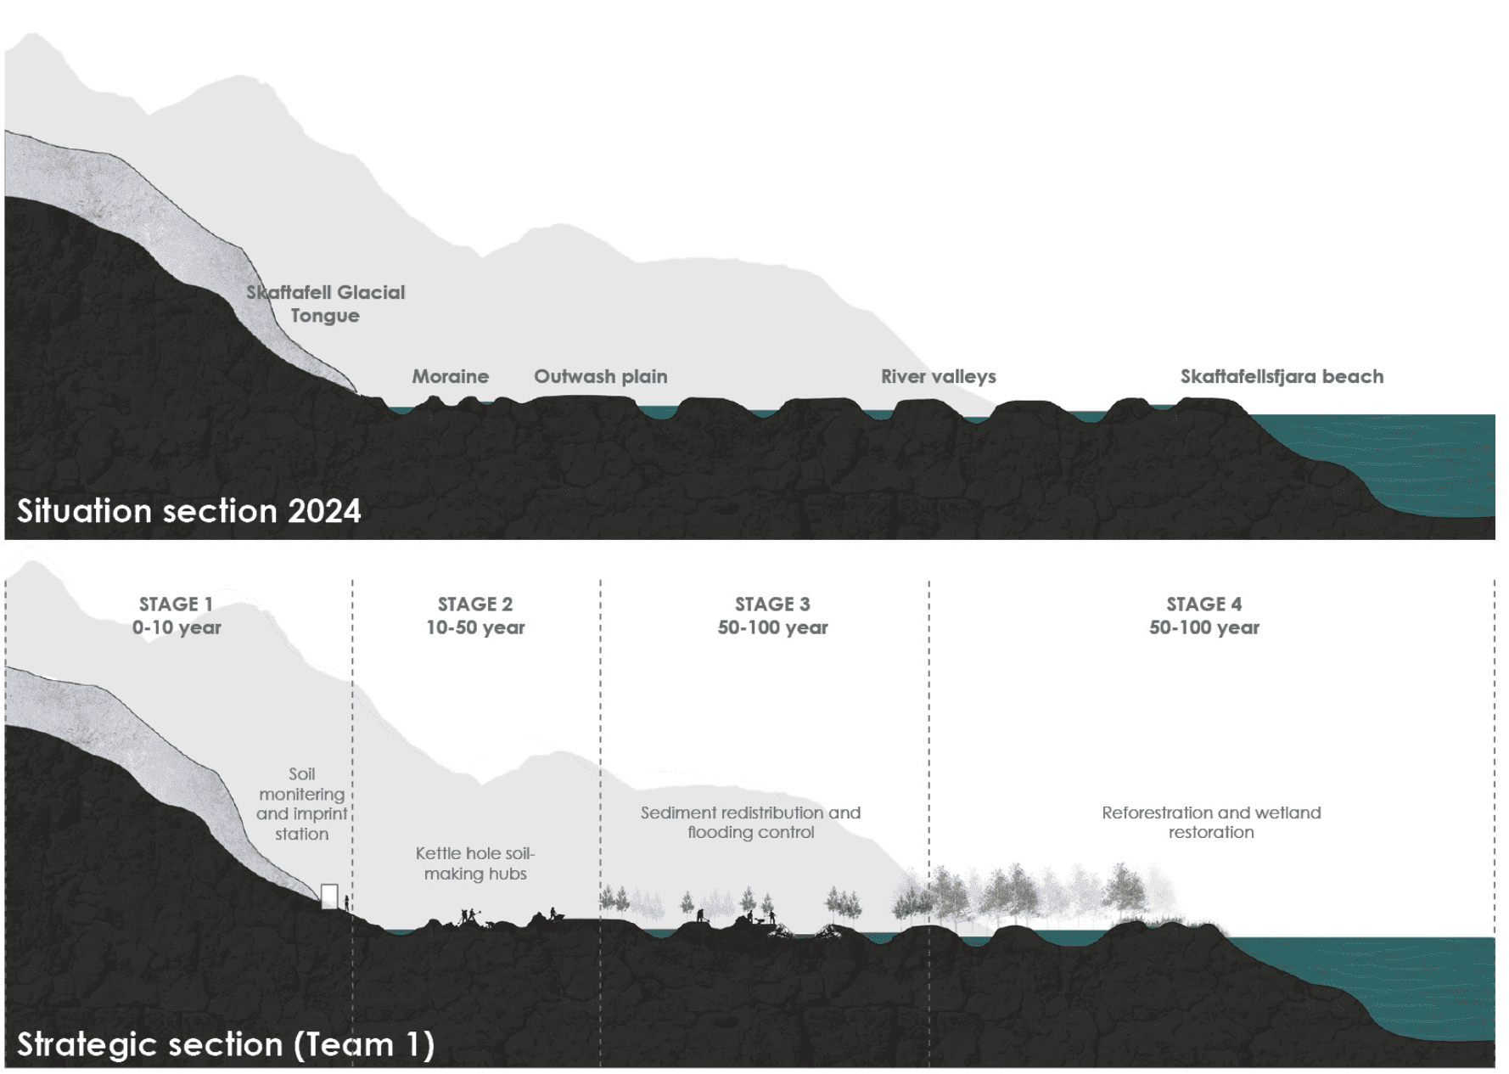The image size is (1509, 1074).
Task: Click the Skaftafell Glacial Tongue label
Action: tap(326, 304)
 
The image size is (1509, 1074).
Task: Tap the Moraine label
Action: tap(451, 376)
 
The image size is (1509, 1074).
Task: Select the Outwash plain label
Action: tap(601, 376)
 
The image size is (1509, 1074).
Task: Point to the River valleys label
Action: tap(939, 376)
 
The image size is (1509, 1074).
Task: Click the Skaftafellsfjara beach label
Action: tap(1282, 376)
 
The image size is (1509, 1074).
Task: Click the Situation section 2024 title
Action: tap(189, 511)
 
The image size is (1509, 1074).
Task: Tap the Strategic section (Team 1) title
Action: tap(226, 1044)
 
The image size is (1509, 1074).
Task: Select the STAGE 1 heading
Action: tap(177, 604)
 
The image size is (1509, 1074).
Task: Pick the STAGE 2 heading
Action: tap(475, 604)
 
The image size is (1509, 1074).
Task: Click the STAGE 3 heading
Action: tap(772, 604)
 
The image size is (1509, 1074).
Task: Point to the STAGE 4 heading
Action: tap(1204, 604)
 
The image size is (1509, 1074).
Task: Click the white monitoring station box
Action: tap(329, 897)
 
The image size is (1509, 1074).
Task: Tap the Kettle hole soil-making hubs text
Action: tap(475, 863)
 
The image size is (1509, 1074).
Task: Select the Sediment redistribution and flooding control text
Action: tap(751, 823)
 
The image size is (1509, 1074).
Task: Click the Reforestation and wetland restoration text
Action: tap(1212, 823)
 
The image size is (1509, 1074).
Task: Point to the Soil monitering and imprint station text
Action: tap(302, 804)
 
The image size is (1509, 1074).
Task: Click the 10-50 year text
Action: tap(475, 627)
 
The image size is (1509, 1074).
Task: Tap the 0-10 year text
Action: tap(177, 627)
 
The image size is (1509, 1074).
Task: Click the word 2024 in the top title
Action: tap(325, 511)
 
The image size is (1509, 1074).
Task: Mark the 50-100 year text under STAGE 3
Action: tap(772, 627)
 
